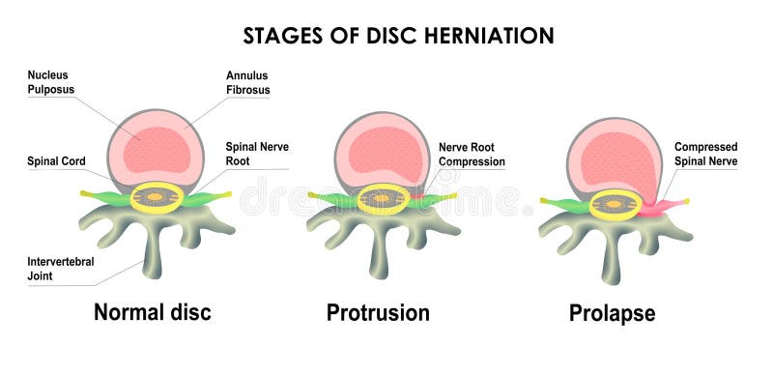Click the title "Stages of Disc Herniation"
397,36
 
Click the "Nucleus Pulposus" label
51,82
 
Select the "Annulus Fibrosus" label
247,82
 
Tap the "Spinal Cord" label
56,160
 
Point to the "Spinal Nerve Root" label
257,154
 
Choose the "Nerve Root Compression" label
472,154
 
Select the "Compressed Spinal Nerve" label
705,154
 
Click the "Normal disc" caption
152,313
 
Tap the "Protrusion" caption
378,313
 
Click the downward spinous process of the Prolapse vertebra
611,261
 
